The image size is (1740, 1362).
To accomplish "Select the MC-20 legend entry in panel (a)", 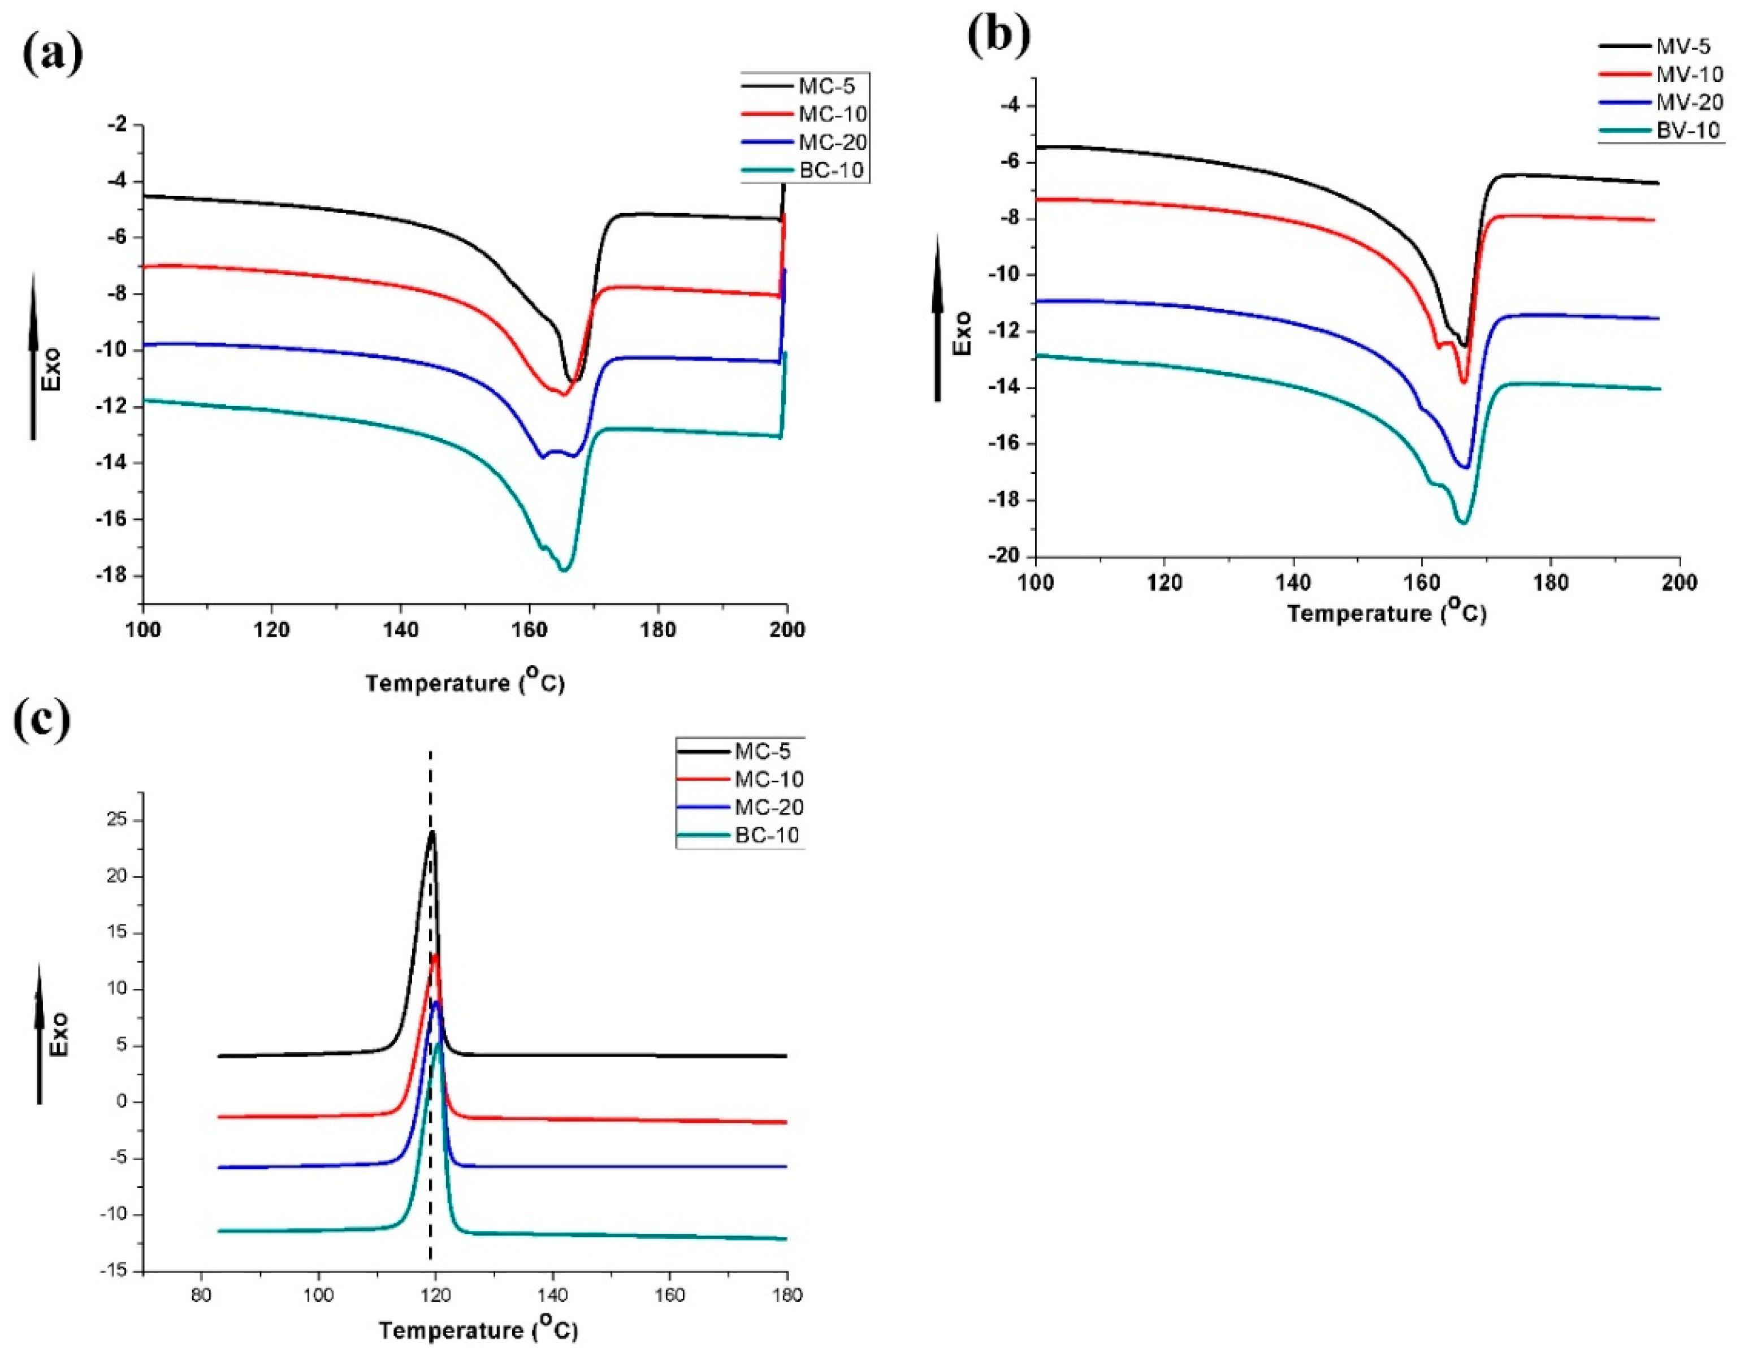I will coord(832,142).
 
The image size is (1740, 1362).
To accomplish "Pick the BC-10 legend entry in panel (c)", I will coord(767,836).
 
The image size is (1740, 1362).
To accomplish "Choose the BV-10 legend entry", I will coord(1687,130).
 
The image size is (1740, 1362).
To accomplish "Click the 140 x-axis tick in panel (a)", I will coord(400,630).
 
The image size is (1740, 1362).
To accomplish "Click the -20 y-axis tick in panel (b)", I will coord(1004,556).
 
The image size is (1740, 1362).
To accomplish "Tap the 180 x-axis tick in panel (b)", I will coord(1550,583).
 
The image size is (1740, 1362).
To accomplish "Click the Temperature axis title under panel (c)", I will coord(478,1330).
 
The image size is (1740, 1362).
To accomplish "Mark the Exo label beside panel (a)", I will coord(51,370).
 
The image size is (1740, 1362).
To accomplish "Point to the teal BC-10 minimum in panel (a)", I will coord(564,570).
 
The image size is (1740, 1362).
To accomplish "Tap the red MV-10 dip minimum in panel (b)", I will coord(1464,382).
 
